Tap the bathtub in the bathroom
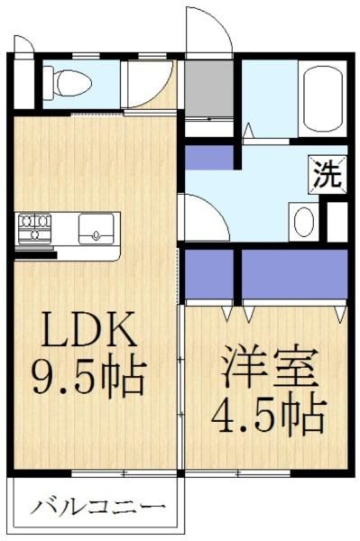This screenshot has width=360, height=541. point(323,99)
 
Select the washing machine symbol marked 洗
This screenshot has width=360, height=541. point(328,175)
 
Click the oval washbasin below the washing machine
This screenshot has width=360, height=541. point(304,222)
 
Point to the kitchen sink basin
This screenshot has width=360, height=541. point(96,229)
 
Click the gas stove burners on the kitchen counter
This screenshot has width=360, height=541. point(35,227)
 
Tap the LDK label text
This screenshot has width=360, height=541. point(89,329)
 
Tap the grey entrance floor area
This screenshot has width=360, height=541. point(208,89)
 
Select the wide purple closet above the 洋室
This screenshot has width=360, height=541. point(294,274)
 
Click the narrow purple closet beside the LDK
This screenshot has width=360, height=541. point(209,274)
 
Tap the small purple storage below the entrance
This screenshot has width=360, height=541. point(209,157)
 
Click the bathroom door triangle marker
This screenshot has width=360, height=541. point(248,131)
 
